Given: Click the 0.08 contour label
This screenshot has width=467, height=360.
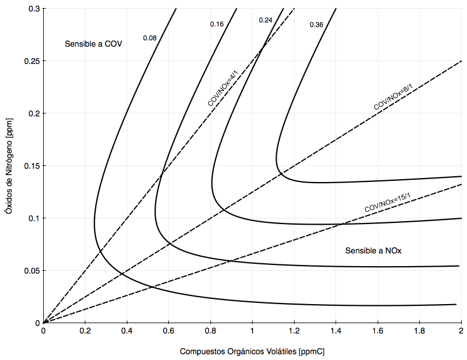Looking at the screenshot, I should (x=150, y=38).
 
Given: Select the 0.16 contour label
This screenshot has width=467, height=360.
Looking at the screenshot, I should (x=217, y=24).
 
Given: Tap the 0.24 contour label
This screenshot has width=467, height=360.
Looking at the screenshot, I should (x=266, y=20).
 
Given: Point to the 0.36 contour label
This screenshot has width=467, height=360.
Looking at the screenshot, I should (x=317, y=25).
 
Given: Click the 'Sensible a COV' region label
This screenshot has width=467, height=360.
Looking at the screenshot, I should (x=93, y=44).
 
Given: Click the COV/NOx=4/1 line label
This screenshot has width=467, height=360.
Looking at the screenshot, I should (x=223, y=87).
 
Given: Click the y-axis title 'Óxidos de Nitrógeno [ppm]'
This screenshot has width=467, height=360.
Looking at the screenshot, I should (x=8, y=166).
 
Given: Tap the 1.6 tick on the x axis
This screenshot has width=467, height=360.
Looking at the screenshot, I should (x=378, y=331).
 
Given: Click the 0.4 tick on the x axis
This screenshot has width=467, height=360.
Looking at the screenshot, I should (x=127, y=331).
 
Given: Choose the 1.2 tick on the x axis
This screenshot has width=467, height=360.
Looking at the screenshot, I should (x=294, y=331).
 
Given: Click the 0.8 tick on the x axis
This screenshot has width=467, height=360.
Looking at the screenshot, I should (x=210, y=331).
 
